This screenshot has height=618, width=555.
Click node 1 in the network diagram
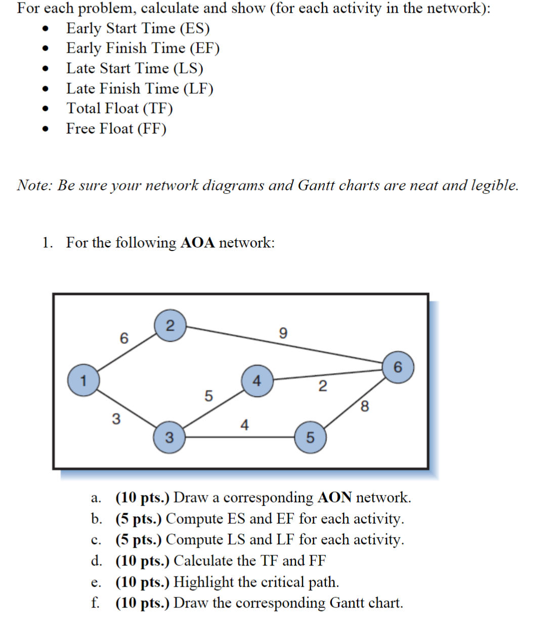[83, 380]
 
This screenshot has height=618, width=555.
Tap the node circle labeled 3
[169, 437]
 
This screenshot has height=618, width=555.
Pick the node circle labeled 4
[257, 381]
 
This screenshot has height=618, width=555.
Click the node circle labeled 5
[310, 437]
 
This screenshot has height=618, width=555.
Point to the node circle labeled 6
[398, 367]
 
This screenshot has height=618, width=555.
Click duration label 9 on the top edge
[283, 333]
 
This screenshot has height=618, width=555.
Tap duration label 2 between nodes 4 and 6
[323, 386]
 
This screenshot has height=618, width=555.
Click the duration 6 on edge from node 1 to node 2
[124, 338]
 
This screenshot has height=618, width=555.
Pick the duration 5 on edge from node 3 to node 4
[208, 395]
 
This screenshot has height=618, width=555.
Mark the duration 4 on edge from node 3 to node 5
[244, 425]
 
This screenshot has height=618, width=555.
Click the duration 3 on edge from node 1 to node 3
[116, 419]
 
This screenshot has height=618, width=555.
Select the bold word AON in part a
[334, 498]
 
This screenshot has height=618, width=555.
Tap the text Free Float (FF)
[116, 129]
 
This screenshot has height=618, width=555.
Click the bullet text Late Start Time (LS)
[134, 68]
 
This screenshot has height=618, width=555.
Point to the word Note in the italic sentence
[33, 185]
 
